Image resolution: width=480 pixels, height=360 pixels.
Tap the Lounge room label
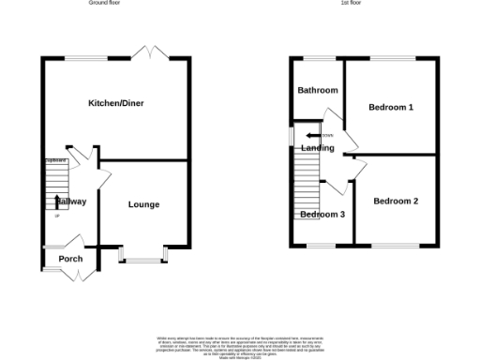(143, 204)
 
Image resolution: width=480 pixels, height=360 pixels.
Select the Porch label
(70, 259)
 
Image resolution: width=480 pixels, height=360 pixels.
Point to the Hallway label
(70, 202)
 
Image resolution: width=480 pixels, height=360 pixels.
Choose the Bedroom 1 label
(391, 107)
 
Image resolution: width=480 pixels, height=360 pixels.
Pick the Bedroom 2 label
(396, 201)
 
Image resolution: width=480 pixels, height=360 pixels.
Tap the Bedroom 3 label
(322, 215)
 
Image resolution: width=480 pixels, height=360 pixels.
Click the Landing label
(318, 148)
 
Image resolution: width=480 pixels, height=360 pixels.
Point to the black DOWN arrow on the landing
(312, 137)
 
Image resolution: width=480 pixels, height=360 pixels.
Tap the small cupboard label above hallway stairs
(55, 160)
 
